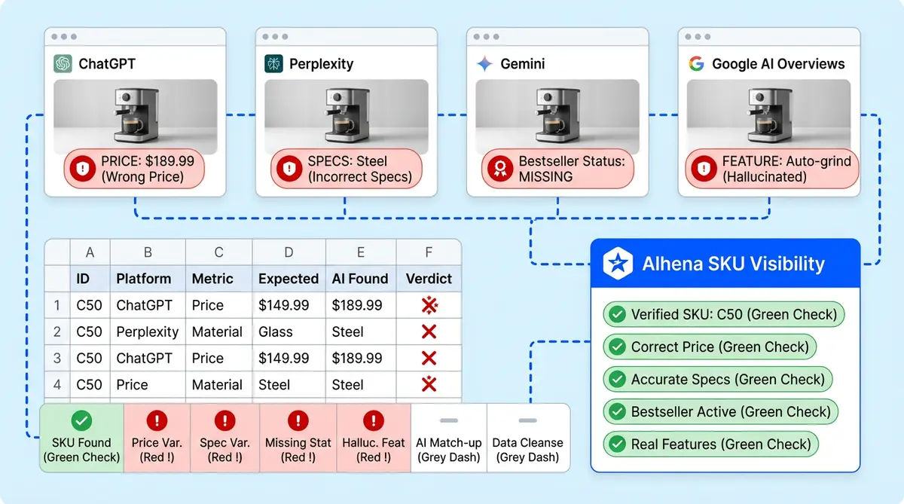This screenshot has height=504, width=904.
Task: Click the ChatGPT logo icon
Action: (x=63, y=64)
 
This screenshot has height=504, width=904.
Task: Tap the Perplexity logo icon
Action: (x=273, y=64)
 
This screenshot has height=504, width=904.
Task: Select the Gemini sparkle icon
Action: (x=484, y=64)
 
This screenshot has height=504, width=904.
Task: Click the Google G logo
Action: (x=696, y=64)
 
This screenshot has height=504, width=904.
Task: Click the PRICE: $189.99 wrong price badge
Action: (x=134, y=169)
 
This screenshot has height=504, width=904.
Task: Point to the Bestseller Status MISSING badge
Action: (x=557, y=169)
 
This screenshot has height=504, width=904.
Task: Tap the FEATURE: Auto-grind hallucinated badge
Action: (x=768, y=169)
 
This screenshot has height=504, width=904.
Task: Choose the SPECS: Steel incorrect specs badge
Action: (x=346, y=169)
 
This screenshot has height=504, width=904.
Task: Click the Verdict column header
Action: (x=429, y=279)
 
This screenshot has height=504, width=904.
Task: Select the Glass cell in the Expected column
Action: (x=275, y=331)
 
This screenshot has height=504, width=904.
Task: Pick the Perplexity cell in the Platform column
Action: (x=147, y=331)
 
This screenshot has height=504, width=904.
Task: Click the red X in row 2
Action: (x=429, y=331)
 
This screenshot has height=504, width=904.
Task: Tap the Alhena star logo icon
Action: (x=618, y=264)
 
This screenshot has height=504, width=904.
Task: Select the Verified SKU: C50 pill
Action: (x=723, y=314)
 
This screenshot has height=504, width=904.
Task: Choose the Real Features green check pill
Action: (x=711, y=444)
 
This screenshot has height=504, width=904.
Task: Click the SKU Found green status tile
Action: (x=81, y=438)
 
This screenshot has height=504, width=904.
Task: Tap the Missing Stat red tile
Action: (x=298, y=438)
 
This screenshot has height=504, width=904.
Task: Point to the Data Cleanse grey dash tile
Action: (x=527, y=438)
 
